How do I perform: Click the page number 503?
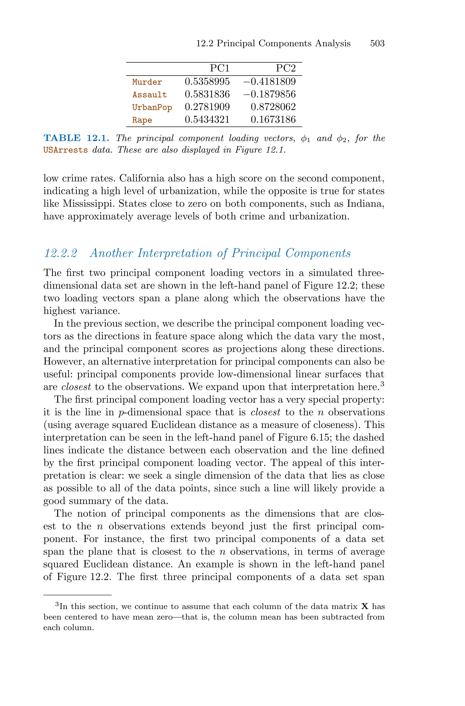click(x=377, y=44)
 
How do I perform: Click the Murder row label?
click(x=147, y=82)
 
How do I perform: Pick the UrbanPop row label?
click(x=152, y=107)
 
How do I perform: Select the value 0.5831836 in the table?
click(x=207, y=94)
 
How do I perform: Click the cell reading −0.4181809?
click(x=269, y=82)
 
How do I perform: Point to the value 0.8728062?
click(x=273, y=107)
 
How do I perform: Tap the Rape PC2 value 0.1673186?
click(x=273, y=120)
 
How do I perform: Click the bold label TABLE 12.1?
click(x=77, y=138)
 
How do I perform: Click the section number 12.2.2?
click(x=60, y=253)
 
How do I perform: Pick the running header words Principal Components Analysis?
click(x=283, y=44)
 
